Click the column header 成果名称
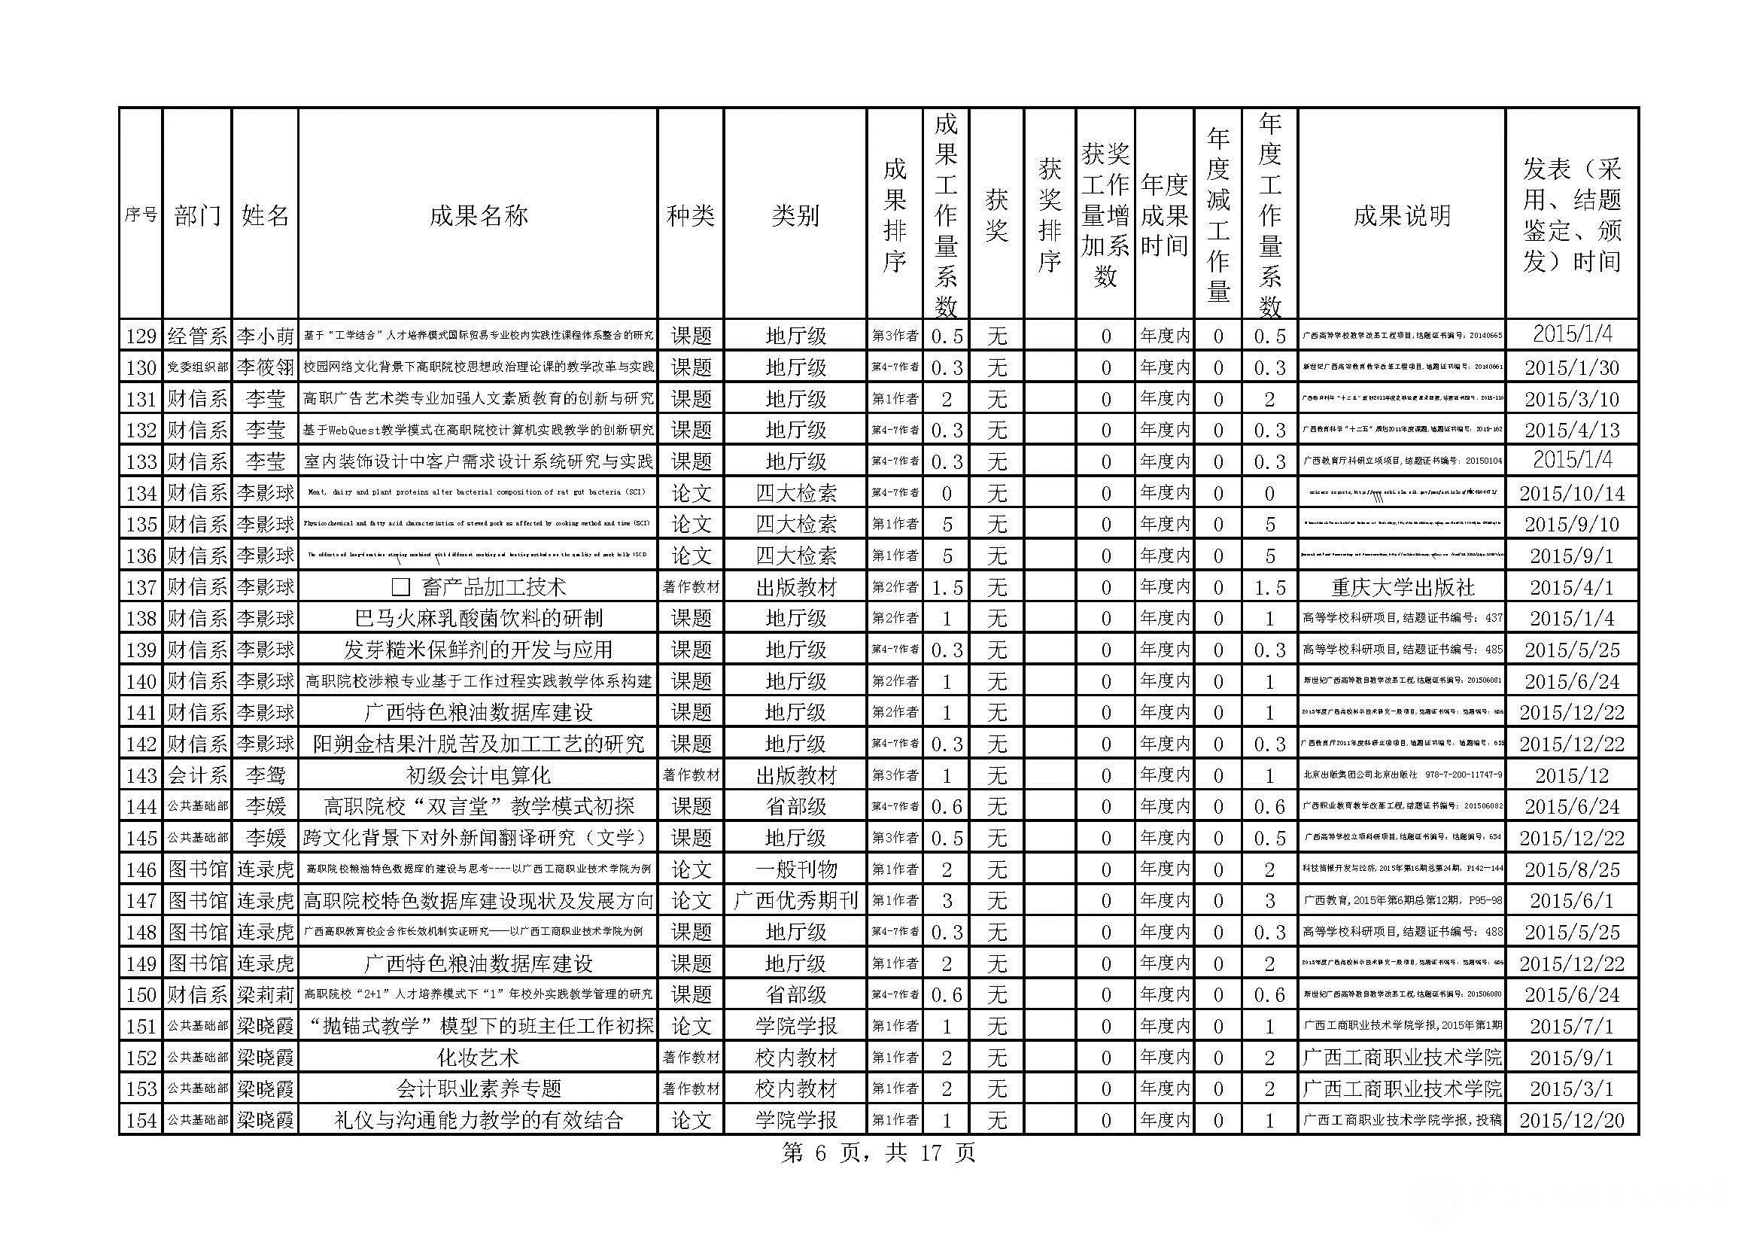click(478, 215)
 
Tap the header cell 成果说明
click(1401, 215)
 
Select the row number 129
click(141, 336)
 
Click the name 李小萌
click(265, 336)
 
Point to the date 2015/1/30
click(1571, 367)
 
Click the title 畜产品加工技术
click(494, 587)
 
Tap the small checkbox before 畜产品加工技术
click(400, 587)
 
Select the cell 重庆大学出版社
click(1401, 587)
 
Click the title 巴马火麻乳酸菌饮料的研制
click(478, 619)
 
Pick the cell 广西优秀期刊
click(795, 901)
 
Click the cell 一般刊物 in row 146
click(795, 869)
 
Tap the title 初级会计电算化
click(478, 775)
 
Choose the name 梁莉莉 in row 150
click(265, 995)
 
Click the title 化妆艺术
click(478, 1058)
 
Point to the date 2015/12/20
click(1571, 1120)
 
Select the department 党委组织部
click(198, 367)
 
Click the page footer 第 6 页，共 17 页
click(877, 1153)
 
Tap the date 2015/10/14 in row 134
click(1571, 493)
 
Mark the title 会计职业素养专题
click(478, 1088)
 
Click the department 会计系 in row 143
click(198, 775)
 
